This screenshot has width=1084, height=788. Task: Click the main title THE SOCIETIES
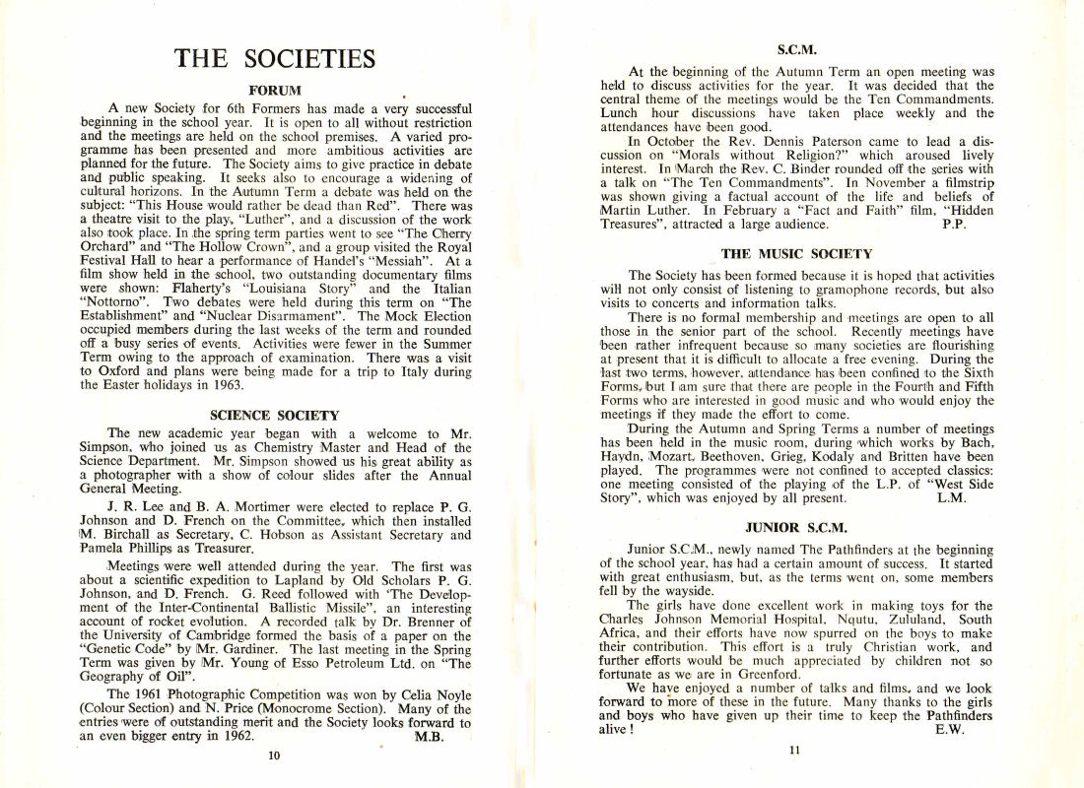point(275,58)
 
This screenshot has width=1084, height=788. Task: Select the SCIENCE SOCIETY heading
point(275,416)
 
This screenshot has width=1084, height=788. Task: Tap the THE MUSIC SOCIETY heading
point(796,254)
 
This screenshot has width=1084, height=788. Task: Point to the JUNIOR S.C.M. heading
point(796,527)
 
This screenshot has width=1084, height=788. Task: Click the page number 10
point(274,755)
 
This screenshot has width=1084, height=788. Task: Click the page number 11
point(796,751)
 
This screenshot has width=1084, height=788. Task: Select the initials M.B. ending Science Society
point(430,736)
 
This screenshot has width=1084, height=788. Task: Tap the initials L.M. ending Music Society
point(950,498)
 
